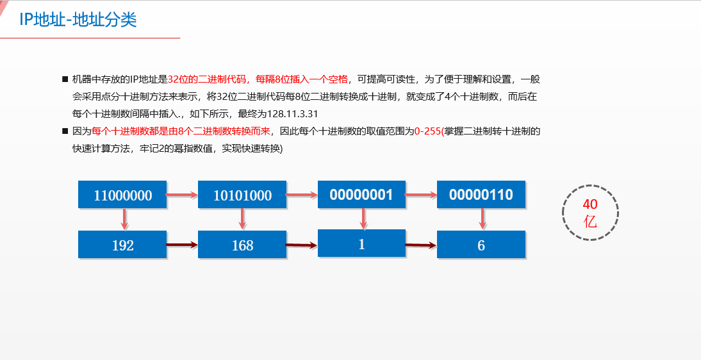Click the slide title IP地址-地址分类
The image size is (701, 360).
[78, 20]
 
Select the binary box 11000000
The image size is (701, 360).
[122, 195]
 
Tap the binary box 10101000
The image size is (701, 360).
[242, 195]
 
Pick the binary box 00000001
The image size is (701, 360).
[361, 195]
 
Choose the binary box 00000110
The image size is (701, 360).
[481, 195]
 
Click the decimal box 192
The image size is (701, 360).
[122, 245]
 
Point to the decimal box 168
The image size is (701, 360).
[242, 245]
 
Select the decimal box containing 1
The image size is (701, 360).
[361, 243]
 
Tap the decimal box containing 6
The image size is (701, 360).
[481, 245]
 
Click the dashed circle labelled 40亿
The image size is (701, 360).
[590, 213]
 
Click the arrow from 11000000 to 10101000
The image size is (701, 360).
[182, 193]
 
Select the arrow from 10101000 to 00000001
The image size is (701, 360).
[302, 193]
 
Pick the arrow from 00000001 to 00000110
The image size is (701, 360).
[421, 193]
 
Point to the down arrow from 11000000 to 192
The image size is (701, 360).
[124, 219]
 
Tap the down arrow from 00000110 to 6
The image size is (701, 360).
[482, 219]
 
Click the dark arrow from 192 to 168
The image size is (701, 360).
[182, 244]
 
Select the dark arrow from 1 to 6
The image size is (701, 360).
[421, 245]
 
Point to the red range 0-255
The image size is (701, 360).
[427, 131]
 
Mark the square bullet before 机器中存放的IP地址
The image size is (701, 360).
[65, 79]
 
